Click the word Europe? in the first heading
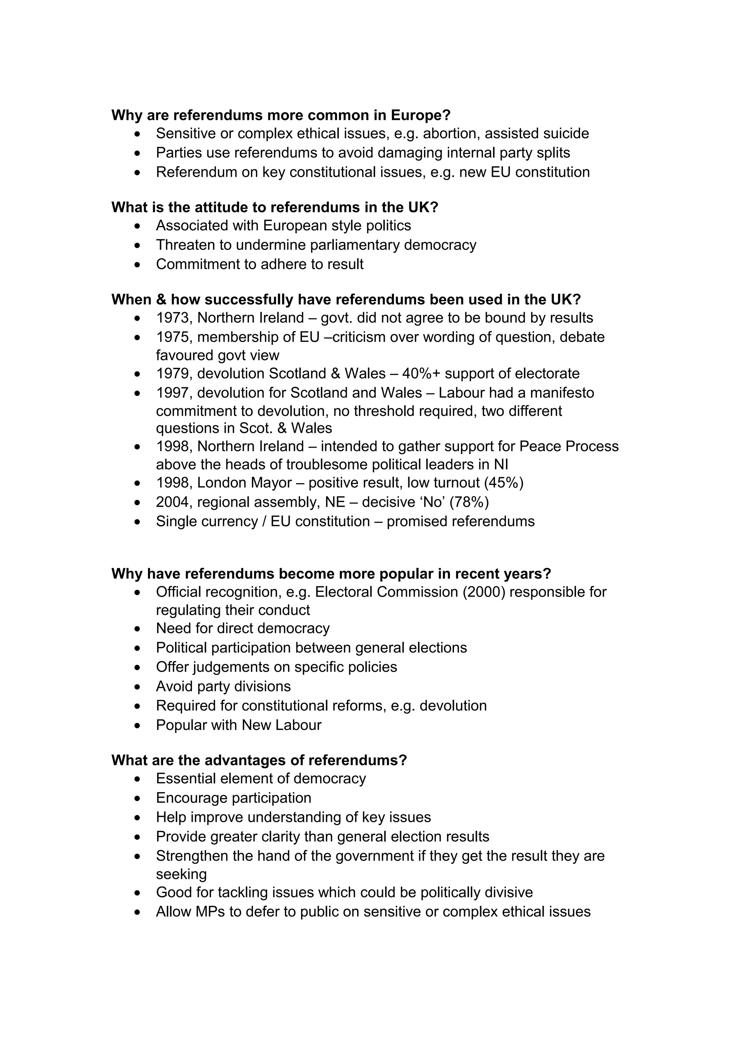420,115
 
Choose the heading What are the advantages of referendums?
259,760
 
